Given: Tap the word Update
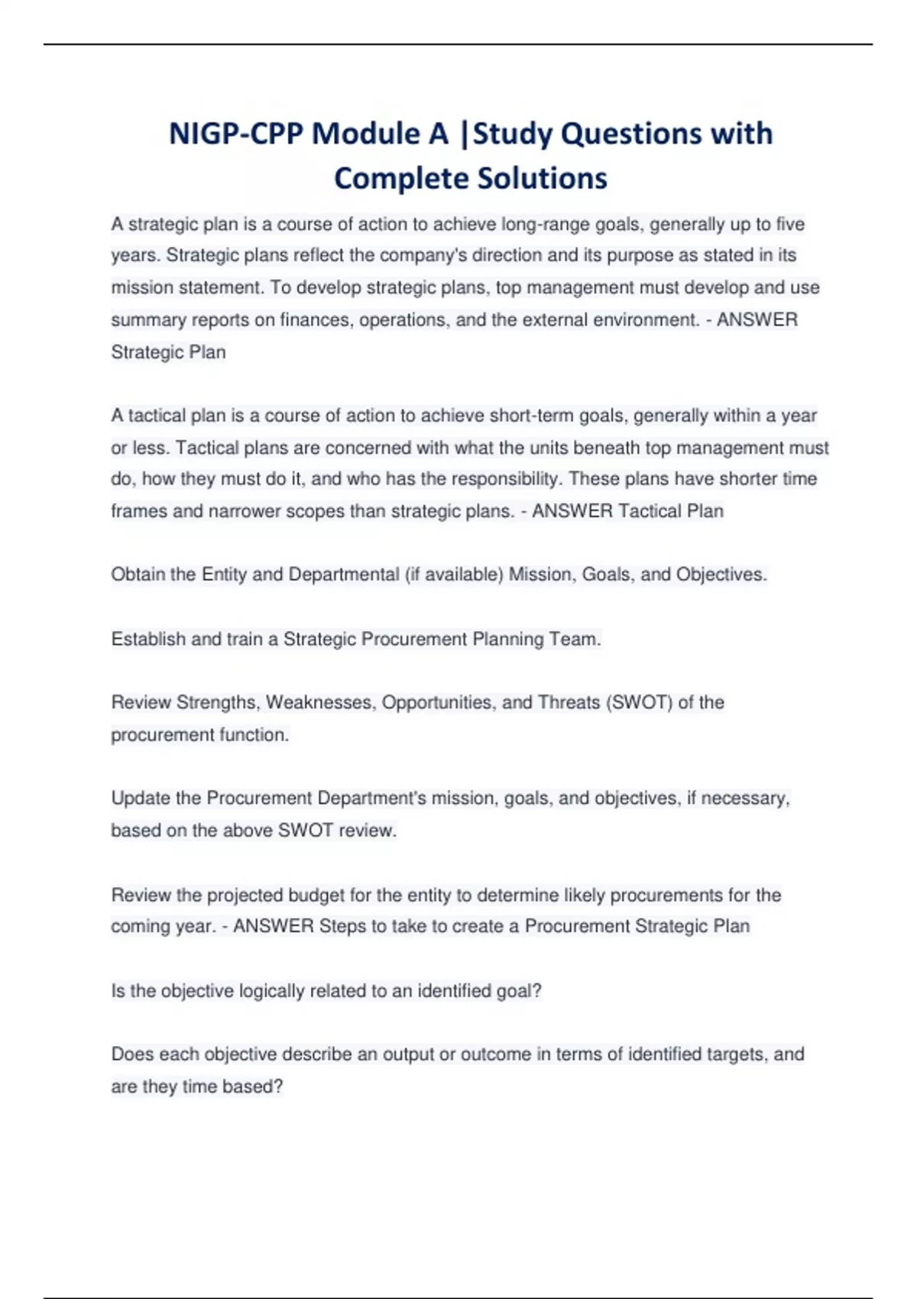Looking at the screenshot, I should coord(141,799).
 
